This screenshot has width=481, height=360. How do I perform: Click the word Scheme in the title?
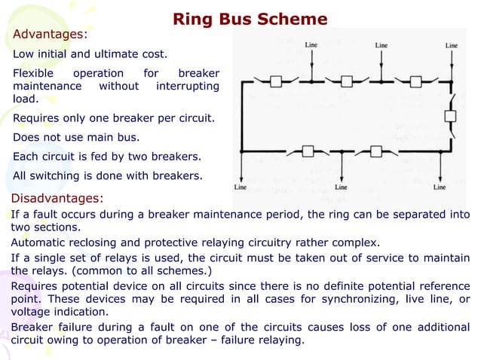(296, 19)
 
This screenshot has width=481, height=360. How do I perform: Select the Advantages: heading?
(50, 35)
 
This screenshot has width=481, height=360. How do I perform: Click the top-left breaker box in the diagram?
(276, 81)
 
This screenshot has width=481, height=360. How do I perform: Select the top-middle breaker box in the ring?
(345, 81)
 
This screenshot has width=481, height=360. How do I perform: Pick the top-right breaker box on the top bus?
(414, 81)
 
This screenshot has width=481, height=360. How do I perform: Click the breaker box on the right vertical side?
(450, 116)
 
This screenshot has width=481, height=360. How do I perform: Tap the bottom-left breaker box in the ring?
(307, 151)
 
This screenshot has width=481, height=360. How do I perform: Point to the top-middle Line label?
(381, 45)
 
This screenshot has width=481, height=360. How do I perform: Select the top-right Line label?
(451, 45)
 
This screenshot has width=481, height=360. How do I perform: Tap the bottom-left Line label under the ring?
(240, 186)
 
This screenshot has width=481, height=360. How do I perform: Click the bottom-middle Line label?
(341, 186)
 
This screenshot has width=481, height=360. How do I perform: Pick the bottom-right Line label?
(440, 186)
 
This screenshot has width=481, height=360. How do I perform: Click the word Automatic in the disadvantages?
(39, 243)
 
